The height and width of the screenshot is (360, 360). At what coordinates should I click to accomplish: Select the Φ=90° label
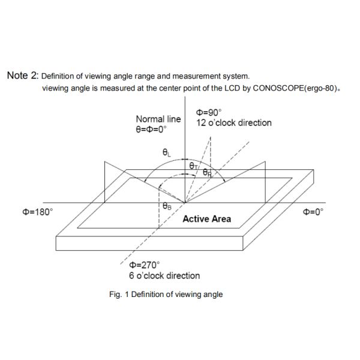click(209, 112)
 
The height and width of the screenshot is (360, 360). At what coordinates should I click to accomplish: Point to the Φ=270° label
click(144, 265)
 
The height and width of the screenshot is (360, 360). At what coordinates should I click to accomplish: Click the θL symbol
click(167, 153)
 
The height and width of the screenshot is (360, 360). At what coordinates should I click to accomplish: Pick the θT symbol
click(193, 165)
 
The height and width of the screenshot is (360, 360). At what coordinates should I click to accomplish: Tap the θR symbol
click(207, 172)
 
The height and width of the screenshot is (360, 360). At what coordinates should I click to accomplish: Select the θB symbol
click(167, 206)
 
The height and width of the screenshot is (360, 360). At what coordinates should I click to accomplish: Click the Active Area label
click(206, 219)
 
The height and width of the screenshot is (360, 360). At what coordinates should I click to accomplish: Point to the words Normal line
click(158, 119)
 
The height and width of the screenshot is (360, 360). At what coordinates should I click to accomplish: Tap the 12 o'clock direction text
click(234, 122)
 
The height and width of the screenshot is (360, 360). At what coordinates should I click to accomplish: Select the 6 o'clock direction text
click(164, 275)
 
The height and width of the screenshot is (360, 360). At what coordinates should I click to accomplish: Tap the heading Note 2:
click(22, 76)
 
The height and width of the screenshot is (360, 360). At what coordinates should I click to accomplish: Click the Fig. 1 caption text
click(163, 294)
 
